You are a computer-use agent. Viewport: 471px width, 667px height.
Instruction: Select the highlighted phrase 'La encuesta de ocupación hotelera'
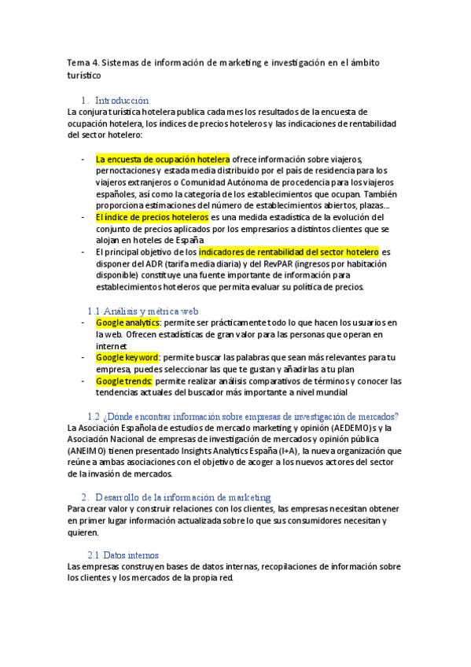coord(163,159)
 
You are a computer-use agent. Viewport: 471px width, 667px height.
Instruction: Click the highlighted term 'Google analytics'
coord(127,322)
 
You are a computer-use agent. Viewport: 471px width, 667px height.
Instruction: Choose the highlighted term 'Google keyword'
coord(127,357)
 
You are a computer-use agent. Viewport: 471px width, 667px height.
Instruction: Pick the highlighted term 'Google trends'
coord(124,381)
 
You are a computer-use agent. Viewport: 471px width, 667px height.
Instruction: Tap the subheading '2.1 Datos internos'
coord(123,555)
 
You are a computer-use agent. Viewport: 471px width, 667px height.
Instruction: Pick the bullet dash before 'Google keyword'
coord(83,357)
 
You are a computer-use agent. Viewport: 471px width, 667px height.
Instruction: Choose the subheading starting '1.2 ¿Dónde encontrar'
coord(243,415)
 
